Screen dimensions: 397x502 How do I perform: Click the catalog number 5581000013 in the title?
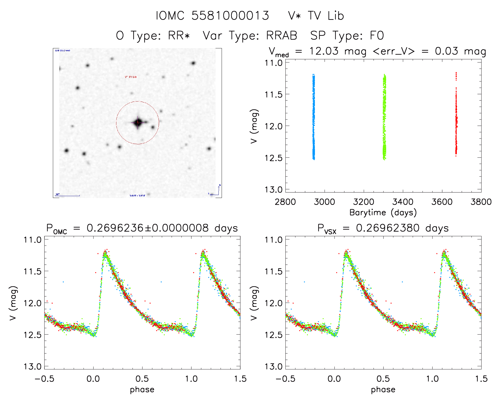(230, 16)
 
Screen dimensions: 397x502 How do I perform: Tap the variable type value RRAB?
(281, 36)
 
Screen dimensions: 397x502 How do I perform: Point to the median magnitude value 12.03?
(324, 51)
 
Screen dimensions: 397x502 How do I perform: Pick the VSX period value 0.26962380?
(388, 228)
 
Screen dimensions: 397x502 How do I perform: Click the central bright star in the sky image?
(138, 123)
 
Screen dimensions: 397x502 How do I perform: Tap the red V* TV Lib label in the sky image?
(131, 77)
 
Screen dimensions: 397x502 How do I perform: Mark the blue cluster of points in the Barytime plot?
(314, 117)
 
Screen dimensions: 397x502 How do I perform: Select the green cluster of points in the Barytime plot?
(384, 117)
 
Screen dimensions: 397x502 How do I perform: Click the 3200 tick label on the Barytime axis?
(364, 202)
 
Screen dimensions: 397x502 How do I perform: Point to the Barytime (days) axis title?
(383, 213)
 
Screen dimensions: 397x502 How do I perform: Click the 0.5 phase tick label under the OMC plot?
(142, 379)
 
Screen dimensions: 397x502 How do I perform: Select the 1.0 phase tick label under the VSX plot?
(432, 379)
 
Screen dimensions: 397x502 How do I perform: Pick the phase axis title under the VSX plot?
(383, 390)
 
